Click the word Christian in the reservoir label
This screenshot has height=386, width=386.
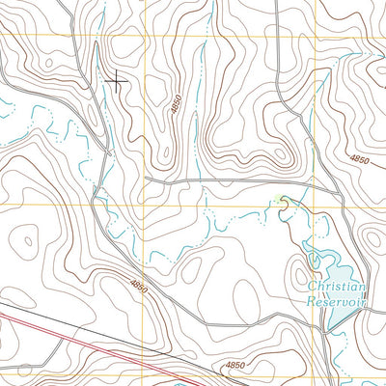click(337, 288)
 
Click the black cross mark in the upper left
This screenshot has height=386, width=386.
click(116, 81)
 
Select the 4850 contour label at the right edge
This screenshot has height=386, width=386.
click(359, 158)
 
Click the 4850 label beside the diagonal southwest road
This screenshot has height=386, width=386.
click(139, 286)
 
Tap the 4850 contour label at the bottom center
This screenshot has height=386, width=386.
click(236, 366)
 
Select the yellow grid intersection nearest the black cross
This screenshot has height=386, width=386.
click(144, 37)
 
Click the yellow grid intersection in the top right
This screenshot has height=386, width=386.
click(314, 37)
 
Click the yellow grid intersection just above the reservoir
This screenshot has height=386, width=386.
click(314, 205)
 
